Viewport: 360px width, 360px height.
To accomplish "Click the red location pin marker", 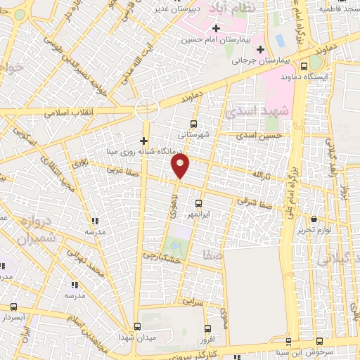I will pos(181,166).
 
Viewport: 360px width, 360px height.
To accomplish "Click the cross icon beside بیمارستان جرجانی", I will pos(261,49).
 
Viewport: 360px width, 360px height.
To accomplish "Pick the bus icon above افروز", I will pos(206,328).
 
